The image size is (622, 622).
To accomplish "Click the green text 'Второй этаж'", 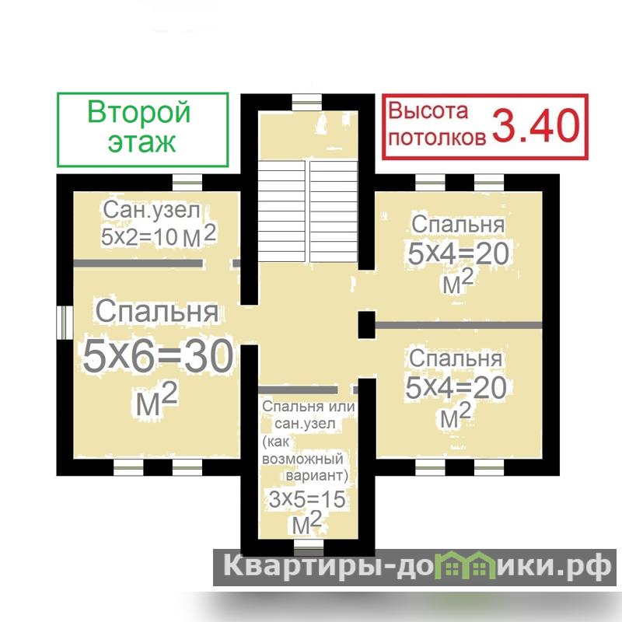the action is [140, 127].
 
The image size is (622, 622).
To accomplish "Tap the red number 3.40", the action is [536, 125].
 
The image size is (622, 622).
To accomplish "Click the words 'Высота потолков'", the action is [437, 124].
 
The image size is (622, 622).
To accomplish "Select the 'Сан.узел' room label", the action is [152, 210].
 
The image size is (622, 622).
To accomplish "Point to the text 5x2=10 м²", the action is [159, 236].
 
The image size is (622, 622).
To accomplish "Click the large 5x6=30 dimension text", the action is [158, 356].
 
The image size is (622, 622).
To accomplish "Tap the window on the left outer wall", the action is [65, 322].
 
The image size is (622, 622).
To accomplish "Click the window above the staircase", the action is [306, 103].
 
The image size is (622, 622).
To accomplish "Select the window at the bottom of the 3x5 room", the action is [309, 547].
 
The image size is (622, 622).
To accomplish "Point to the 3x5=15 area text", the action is [307, 499].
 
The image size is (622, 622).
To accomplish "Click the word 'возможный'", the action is [302, 459].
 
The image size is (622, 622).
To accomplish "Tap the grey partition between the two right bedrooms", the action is [459, 325].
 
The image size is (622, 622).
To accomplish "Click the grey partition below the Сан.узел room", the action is [138, 264].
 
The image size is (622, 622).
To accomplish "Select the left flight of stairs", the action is [281, 211].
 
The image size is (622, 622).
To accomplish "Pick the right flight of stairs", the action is [334, 211].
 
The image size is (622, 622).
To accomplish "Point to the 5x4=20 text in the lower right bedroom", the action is [456, 387].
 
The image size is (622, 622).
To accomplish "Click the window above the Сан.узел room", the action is [187, 183].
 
